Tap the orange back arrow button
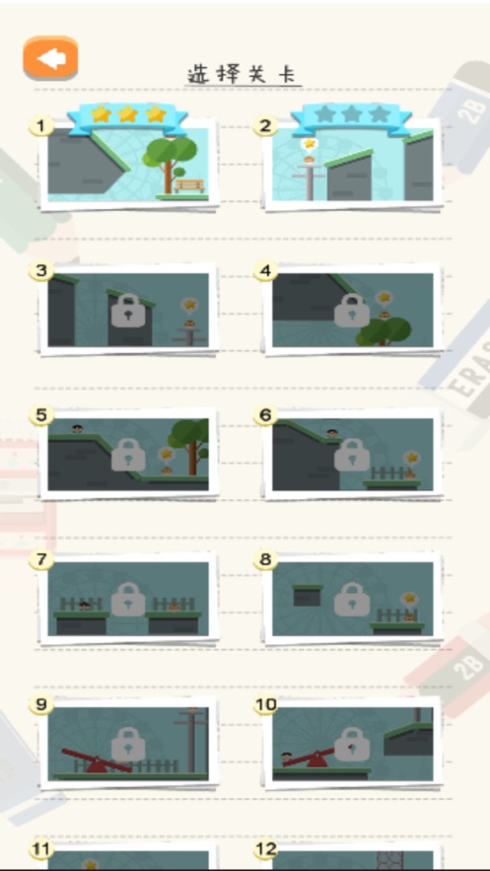coord(50,58)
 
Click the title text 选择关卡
coord(244,74)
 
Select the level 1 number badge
coord(41,126)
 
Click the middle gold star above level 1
coord(128,113)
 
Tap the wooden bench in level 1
coord(189,185)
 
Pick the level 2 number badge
coord(265,126)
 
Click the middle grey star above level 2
coord(352,114)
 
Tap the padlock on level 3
coord(128,311)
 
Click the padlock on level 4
coord(352,311)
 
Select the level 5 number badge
coord(41,415)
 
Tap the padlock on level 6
coord(352,455)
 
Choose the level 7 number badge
coord(41,560)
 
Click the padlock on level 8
coord(352,599)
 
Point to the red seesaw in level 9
coord(97,761)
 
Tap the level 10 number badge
coord(266,705)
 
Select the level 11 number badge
coord(41,849)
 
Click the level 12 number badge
coord(265,849)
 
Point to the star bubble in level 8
coord(409,599)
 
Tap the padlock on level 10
coord(352,744)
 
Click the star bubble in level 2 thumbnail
coord(310,144)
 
